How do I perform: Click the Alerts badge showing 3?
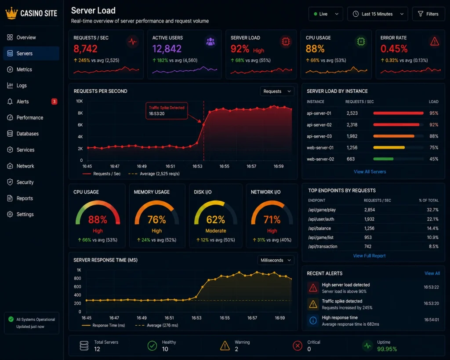pyautogui.click(x=54, y=102)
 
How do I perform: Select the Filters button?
pyautogui.click(x=428, y=14)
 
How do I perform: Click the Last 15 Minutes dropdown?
pyautogui.click(x=377, y=14)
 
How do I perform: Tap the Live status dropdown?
pyautogui.click(x=326, y=14)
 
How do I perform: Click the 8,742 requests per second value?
pyautogui.click(x=86, y=48)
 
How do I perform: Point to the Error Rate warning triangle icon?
pyautogui.click(x=435, y=41)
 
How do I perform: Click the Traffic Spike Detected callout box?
pyautogui.click(x=167, y=110)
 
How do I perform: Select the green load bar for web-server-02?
pyautogui.click(x=383, y=159)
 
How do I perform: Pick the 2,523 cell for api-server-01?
pyautogui.click(x=352, y=113)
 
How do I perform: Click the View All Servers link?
pyautogui.click(x=370, y=172)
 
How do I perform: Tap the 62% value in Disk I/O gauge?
pyautogui.click(x=215, y=220)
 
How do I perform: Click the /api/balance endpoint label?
pyautogui.click(x=319, y=228)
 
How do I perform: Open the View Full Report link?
pyautogui.click(x=369, y=256)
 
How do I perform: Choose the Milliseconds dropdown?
pyautogui.click(x=276, y=260)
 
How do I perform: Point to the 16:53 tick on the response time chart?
pyautogui.click(x=196, y=318)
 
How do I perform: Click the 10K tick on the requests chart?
pyautogui.click(x=79, y=101)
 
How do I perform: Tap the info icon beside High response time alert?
pyautogui.click(x=313, y=320)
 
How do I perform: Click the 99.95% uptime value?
pyautogui.click(x=387, y=349)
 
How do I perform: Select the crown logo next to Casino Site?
pyautogui.click(x=11, y=13)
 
